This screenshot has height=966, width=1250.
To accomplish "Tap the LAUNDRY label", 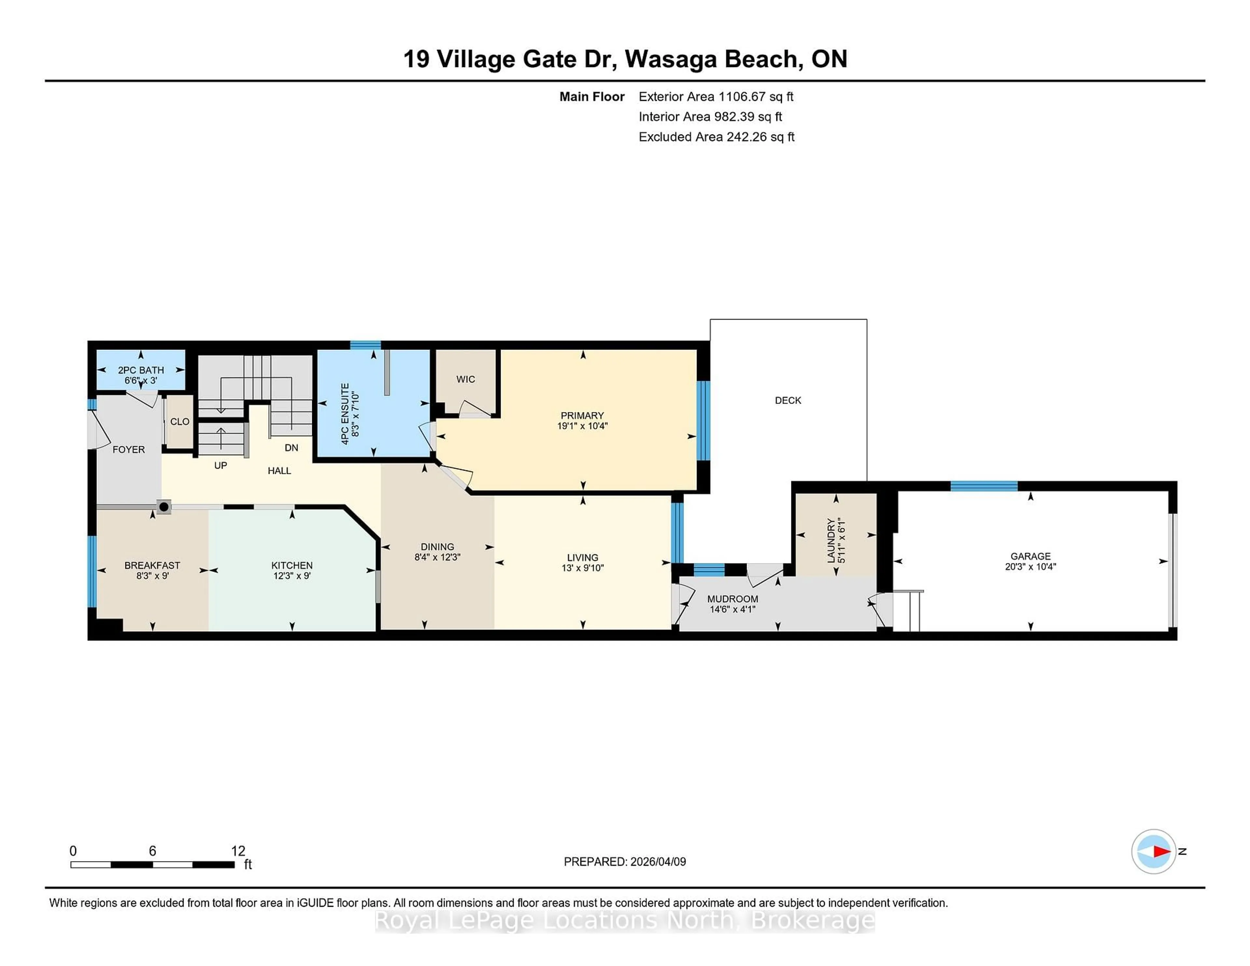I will click(830, 540).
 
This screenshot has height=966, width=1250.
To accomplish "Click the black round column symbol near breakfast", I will click(164, 506).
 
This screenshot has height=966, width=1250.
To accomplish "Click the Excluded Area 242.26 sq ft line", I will click(716, 137).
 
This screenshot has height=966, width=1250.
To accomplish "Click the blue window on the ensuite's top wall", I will click(365, 344).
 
